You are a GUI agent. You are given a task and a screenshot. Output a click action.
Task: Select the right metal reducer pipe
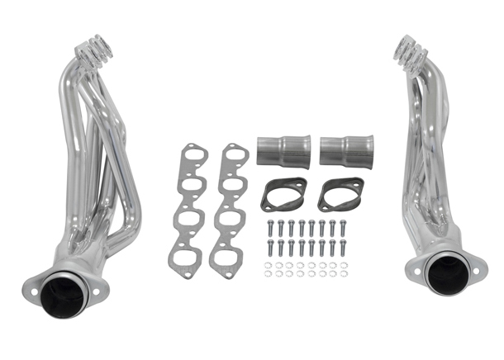coord(345,152)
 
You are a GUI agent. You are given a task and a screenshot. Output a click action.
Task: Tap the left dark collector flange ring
coord(283,194)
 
